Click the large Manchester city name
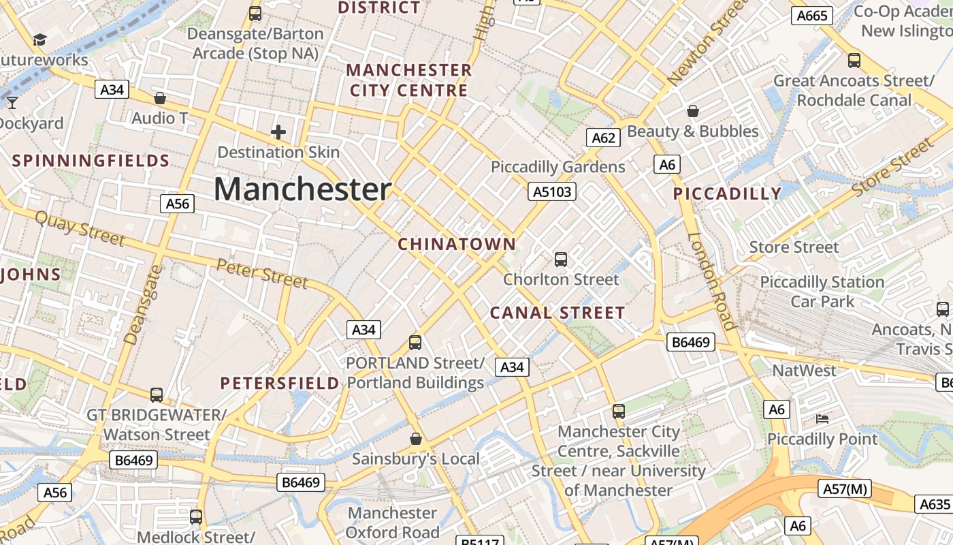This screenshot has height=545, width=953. pyautogui.click(x=303, y=189)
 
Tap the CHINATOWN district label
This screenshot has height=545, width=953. pyautogui.click(x=457, y=244)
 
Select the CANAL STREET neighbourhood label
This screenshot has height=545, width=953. pyautogui.click(x=558, y=313)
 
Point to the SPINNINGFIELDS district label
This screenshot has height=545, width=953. pyautogui.click(x=91, y=161)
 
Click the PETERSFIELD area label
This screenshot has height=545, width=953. pyautogui.click(x=279, y=383)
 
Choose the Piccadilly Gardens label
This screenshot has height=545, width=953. pyautogui.click(x=558, y=167)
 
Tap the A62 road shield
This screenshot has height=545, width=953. pyautogui.click(x=603, y=138)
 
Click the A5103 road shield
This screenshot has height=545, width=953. pyautogui.click(x=552, y=192)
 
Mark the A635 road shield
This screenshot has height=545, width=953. pyautogui.click(x=935, y=504)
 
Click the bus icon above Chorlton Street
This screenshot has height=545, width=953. pyautogui.click(x=561, y=260)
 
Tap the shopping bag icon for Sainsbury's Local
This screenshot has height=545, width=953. pyautogui.click(x=416, y=439)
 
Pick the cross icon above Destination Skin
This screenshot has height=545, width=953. pyautogui.click(x=278, y=132)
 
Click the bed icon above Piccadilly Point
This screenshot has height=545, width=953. pyautogui.click(x=822, y=418)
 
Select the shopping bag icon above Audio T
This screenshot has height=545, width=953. pyautogui.click(x=160, y=99)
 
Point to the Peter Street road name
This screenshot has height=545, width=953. pyautogui.click(x=262, y=272)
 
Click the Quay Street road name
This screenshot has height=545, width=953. pyautogui.click(x=80, y=228)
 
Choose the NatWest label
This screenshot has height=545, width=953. pyautogui.click(x=804, y=371)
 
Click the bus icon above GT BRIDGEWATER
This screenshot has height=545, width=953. pyautogui.click(x=157, y=395)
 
